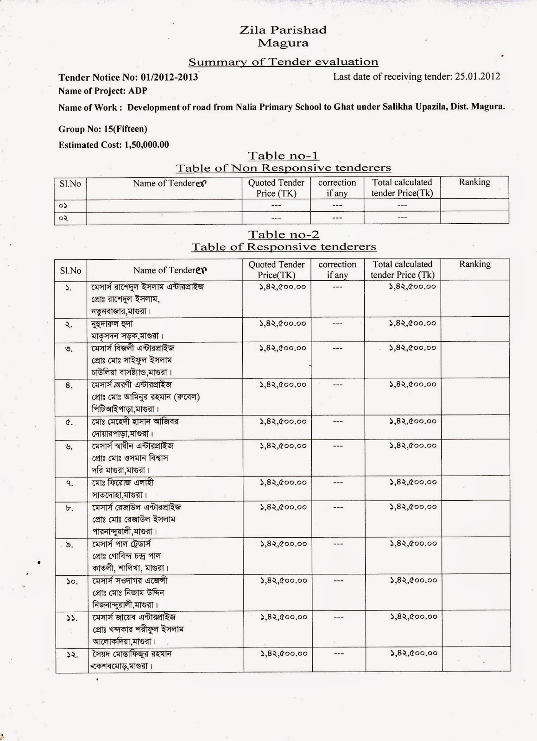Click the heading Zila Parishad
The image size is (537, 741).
(x=283, y=30)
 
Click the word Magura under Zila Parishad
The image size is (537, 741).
(x=283, y=43)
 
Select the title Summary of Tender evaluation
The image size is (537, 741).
(x=283, y=62)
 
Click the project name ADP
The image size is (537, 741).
(x=137, y=91)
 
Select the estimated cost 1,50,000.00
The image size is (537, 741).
(x=146, y=145)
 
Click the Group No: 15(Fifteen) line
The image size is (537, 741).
(x=103, y=129)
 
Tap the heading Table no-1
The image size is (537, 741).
(x=283, y=156)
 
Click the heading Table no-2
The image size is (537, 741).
(x=283, y=234)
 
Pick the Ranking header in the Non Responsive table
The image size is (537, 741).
(x=474, y=182)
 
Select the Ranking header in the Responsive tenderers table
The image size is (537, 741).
(x=474, y=264)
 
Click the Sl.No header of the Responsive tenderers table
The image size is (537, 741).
(x=70, y=270)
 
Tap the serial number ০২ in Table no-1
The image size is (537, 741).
(x=63, y=218)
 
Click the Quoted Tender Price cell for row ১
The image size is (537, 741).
(x=283, y=287)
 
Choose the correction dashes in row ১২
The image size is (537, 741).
(x=339, y=653)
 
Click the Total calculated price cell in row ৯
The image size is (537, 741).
(x=413, y=543)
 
